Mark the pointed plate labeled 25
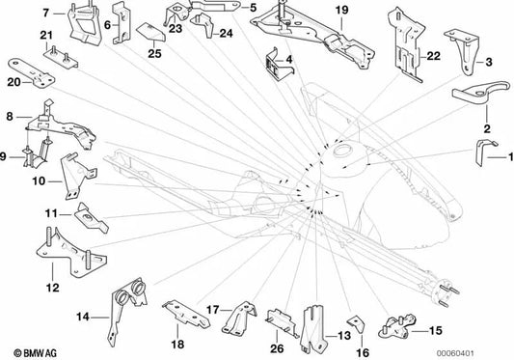point(150,33)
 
